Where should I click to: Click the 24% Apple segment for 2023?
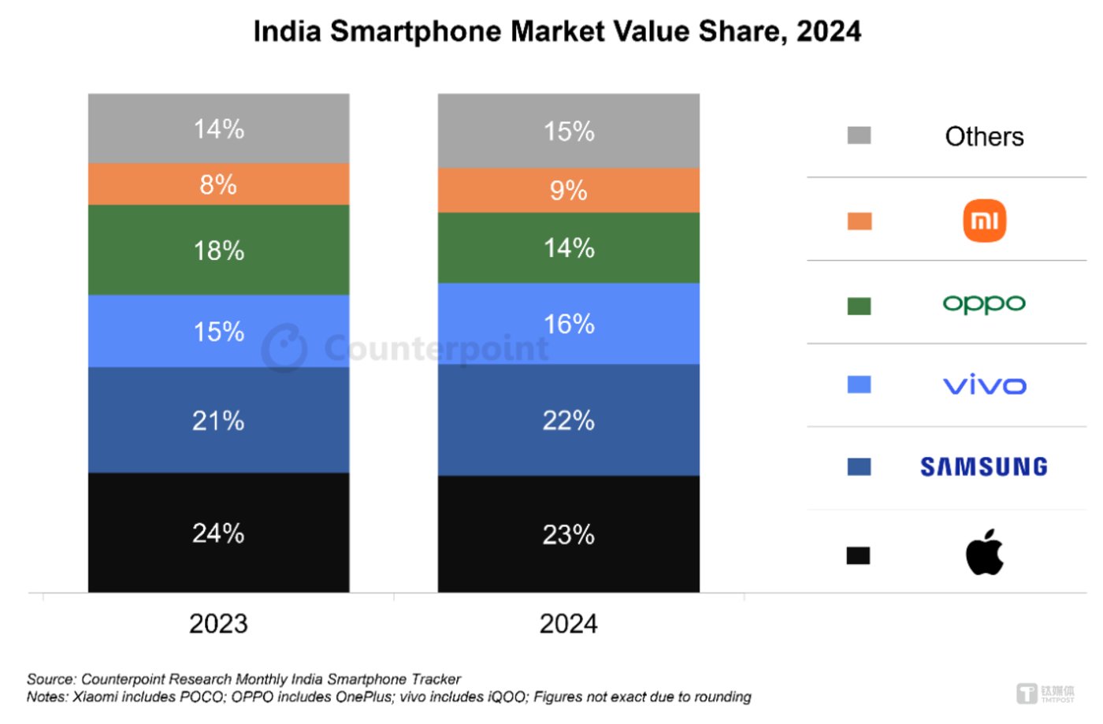218,533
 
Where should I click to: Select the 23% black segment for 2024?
568,534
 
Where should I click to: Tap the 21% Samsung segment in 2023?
218,420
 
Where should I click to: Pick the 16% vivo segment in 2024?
568,324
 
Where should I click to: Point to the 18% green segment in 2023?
218,251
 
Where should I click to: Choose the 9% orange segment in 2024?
568,190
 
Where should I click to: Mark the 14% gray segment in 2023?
218,128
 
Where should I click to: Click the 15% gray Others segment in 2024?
568,131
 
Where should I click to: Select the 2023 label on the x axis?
218,624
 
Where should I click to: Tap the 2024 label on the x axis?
568,624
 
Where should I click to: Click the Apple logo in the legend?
984,552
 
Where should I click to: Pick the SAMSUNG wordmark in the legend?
984,467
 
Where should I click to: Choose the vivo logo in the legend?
984,384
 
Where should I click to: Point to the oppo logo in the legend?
984,303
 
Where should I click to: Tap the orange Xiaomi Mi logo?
984,221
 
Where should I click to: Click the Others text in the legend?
984,137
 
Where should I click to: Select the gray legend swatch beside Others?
859,136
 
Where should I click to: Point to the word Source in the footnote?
50,679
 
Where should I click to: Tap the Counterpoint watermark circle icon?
284,347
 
